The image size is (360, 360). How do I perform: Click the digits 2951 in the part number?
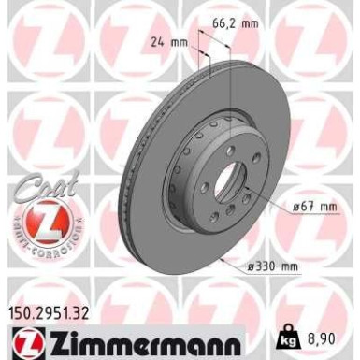click(x=54, y=301)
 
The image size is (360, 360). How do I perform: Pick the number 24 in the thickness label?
click(x=157, y=40)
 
